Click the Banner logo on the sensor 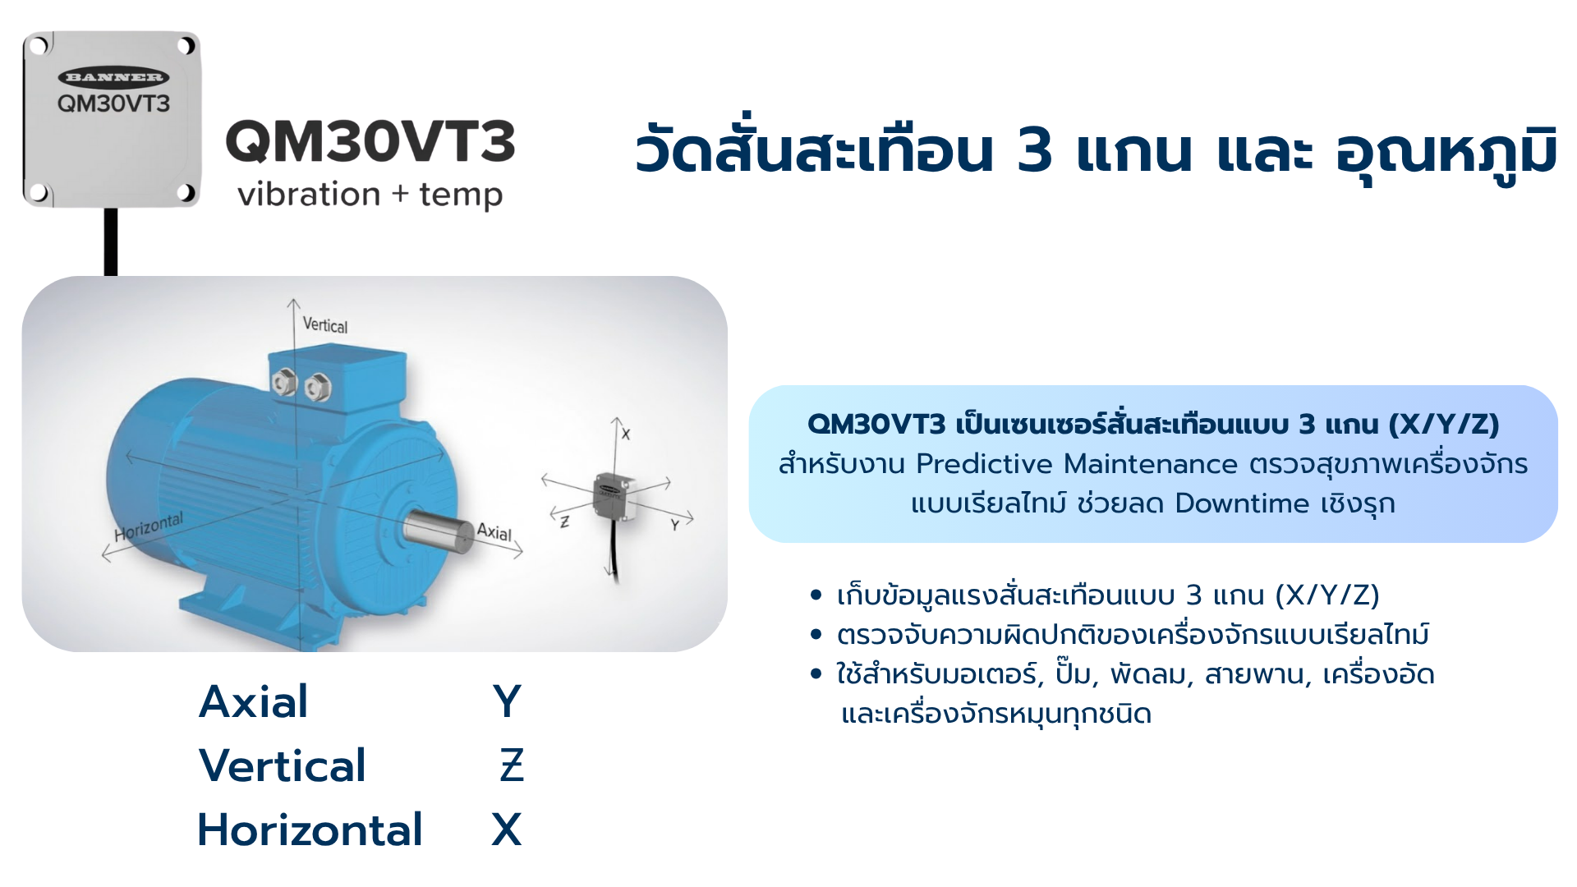(113, 77)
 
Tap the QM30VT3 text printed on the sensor (113, 103)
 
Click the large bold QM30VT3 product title (370, 141)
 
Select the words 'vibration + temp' (370, 195)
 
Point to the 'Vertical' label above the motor (325, 325)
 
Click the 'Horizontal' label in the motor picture (149, 527)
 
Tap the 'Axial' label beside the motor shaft (494, 531)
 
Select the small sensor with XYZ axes (611, 496)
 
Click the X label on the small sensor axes (626, 434)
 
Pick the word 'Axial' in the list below (254, 701)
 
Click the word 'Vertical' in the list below (282, 765)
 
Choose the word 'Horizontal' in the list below (310, 830)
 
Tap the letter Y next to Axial (508, 701)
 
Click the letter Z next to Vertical (512, 765)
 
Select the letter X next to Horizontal (507, 830)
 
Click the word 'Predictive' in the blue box (984, 464)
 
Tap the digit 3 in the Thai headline (1034, 151)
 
